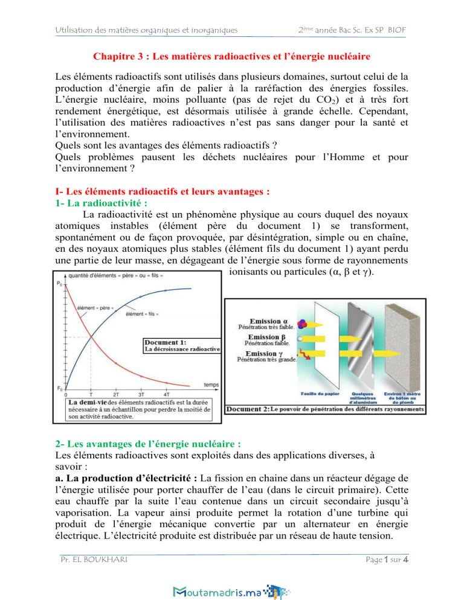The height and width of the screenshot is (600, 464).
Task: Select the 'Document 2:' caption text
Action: [x=247, y=410]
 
